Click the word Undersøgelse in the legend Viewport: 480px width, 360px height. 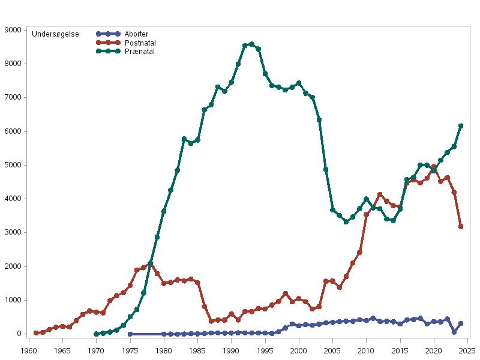click(55, 34)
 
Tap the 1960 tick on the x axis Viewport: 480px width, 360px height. click(29, 348)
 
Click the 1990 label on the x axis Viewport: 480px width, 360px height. click(231, 348)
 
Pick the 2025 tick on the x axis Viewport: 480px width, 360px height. click(467, 348)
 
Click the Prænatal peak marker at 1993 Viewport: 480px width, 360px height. click(251, 44)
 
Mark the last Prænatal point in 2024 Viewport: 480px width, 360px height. click(461, 126)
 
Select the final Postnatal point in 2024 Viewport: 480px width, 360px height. click(461, 227)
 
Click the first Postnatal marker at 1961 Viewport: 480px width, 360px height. click(36, 333)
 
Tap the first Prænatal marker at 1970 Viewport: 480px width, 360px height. click(97, 334)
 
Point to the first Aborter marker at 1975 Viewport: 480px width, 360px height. click(130, 334)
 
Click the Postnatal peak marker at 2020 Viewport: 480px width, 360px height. click(434, 167)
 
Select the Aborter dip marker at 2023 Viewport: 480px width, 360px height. click(454, 332)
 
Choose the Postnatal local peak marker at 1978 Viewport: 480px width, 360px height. click(151, 263)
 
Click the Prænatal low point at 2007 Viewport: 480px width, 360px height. click(346, 222)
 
